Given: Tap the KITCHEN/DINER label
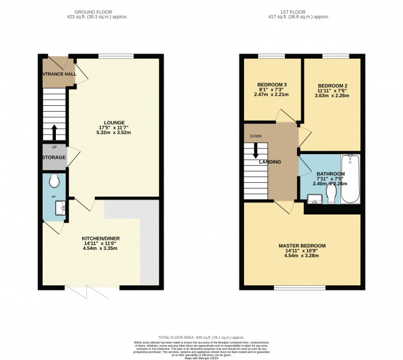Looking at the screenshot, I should tap(101, 238).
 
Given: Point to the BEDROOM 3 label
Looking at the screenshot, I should tap(272, 85).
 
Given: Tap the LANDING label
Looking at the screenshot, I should tap(270, 162).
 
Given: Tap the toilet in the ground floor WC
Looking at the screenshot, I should tap(55, 182).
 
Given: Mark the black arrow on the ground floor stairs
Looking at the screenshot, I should tap(54, 132).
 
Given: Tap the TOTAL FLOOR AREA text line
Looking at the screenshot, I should tap(201, 336).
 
